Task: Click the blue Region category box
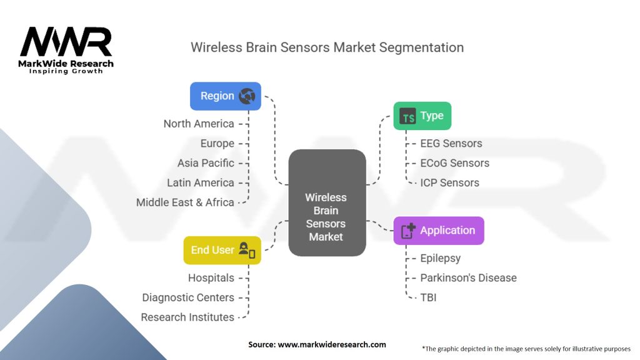[225, 96]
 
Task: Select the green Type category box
[422, 116]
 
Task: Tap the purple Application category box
[438, 231]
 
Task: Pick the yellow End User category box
[222, 250]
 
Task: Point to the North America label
[199, 124]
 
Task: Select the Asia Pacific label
[206, 163]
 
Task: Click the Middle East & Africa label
[185, 202]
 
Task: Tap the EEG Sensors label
[451, 143]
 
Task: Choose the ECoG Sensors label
[455, 163]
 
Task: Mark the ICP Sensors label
[450, 182]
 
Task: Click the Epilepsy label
[441, 258]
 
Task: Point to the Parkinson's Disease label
[468, 277]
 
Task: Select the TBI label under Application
[428, 297]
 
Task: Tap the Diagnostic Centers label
[188, 297]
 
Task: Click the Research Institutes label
[187, 317]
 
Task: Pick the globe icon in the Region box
[247, 96]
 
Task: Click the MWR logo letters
[66, 42]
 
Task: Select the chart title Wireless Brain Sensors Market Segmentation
[327, 47]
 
